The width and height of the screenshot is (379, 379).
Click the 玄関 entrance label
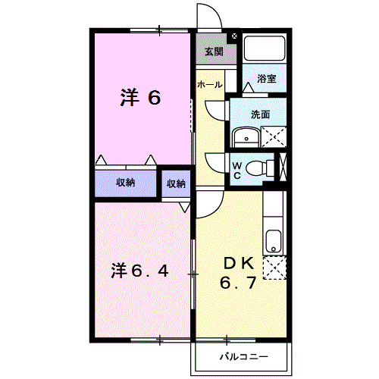point(213,52)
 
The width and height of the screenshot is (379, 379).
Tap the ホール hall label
point(210,85)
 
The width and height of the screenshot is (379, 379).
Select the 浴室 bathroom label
point(265,78)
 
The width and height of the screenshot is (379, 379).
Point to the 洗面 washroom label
point(260,114)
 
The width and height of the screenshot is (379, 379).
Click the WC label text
point(236,171)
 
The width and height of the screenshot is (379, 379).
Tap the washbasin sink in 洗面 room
point(245,137)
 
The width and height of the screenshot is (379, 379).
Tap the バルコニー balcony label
point(243,354)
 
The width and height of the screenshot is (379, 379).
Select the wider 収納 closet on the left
point(125,182)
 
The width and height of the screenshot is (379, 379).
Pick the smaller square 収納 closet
point(176,183)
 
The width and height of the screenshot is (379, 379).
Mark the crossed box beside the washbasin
point(272,136)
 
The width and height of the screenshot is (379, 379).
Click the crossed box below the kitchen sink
point(274,268)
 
